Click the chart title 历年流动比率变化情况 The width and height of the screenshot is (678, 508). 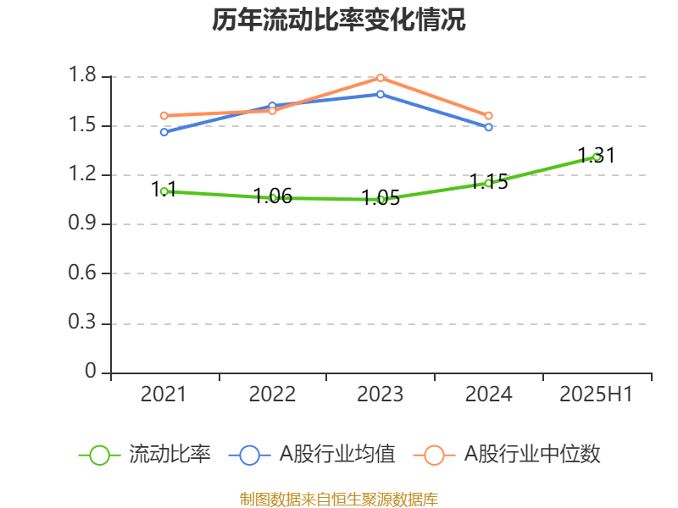click(339, 20)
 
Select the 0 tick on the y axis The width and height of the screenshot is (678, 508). click(91, 373)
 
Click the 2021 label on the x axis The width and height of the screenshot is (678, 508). click(164, 394)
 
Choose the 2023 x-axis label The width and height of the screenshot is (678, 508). click(381, 394)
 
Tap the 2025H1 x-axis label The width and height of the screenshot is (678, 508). click(597, 394)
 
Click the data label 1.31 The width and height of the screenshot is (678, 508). click(597, 156)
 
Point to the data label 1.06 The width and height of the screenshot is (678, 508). click(273, 196)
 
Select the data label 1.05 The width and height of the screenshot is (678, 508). click(381, 199)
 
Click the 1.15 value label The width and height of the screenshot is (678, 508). click(489, 182)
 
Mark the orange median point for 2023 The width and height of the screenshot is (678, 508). click(381, 78)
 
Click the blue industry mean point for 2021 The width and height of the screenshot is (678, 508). click(164, 132)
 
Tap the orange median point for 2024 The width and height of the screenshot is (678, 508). click(489, 116)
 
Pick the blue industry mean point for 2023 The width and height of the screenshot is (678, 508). click(381, 94)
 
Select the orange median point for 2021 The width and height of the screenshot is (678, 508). click(164, 116)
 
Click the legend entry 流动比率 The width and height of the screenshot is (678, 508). click(145, 455)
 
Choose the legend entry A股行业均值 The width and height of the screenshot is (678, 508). click(313, 455)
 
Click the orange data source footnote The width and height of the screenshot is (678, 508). click(339, 499)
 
